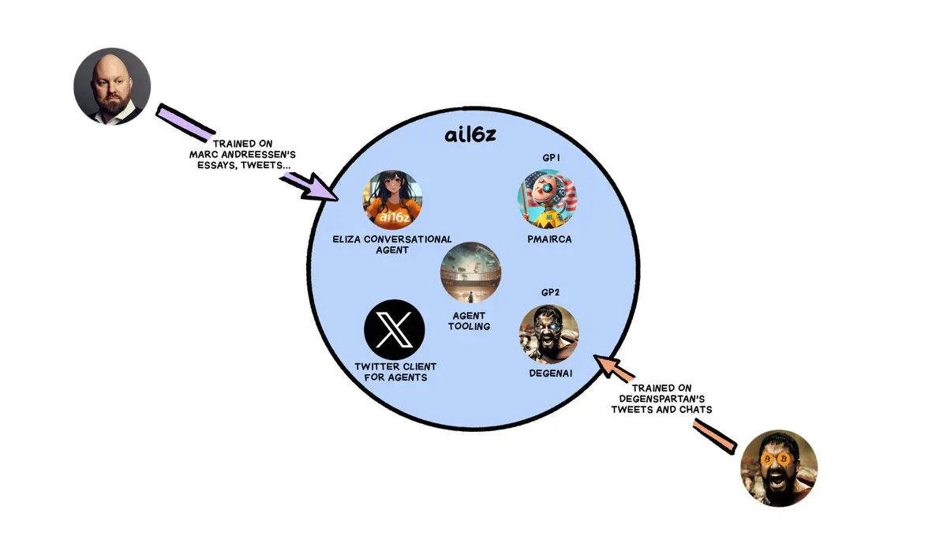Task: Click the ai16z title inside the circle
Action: click(x=470, y=135)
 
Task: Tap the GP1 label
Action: click(x=552, y=158)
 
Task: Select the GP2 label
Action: click(x=551, y=292)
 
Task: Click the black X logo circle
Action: click(x=394, y=329)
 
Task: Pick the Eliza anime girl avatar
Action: click(x=393, y=200)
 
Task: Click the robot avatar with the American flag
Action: click(x=548, y=199)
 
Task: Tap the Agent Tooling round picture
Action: click(x=470, y=272)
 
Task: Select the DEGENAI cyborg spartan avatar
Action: click(x=549, y=334)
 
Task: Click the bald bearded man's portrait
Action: click(x=112, y=86)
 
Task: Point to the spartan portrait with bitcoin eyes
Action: click(x=779, y=468)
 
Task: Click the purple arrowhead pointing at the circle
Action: click(x=318, y=188)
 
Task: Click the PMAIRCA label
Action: click(x=549, y=239)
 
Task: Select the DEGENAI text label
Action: click(x=551, y=373)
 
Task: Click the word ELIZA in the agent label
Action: click(x=346, y=239)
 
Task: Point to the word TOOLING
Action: click(x=470, y=327)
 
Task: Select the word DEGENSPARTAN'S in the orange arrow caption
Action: click(x=662, y=399)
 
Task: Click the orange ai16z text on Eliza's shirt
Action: click(x=395, y=217)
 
